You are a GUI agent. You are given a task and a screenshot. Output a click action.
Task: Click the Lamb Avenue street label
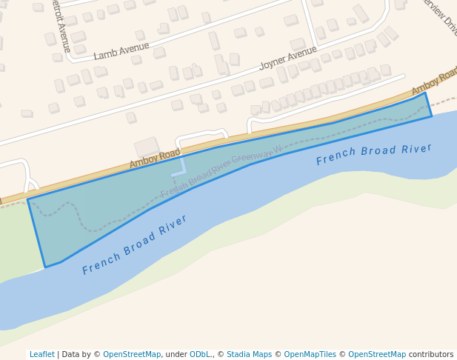(121, 50)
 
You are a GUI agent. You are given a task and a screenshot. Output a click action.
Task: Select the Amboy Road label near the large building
(155, 158)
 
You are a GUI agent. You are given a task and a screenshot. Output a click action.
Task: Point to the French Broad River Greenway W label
(221, 171)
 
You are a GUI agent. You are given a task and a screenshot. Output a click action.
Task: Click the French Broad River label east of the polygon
(373, 154)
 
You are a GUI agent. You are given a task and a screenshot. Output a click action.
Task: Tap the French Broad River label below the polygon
(135, 245)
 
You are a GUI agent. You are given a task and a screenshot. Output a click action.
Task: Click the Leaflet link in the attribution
(42, 354)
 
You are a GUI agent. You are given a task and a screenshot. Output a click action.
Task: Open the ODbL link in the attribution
(201, 354)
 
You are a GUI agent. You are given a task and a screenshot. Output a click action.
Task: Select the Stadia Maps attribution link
(249, 354)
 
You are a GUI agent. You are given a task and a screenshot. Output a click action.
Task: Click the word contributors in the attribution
(431, 354)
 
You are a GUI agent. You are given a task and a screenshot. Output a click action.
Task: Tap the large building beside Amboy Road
(147, 147)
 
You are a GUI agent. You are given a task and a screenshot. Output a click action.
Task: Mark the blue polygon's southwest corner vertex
(45, 267)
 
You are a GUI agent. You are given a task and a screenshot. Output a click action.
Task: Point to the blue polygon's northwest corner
(28, 199)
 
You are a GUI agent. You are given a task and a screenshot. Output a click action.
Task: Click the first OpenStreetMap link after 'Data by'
(132, 354)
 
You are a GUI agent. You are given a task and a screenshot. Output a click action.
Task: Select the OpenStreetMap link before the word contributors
(377, 354)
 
